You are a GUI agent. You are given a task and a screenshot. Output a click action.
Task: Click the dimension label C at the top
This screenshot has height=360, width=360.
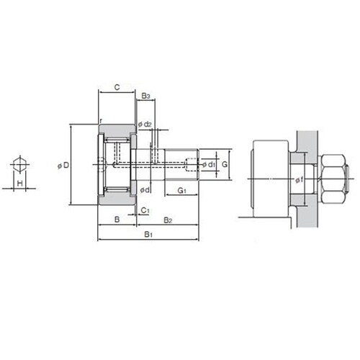coord(117,87)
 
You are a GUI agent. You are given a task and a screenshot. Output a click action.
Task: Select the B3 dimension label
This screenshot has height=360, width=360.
coord(145,96)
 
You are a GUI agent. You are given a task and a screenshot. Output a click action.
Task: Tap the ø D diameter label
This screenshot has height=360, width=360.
coord(63,166)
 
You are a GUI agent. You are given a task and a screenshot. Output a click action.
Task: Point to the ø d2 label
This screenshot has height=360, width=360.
coord(145,125)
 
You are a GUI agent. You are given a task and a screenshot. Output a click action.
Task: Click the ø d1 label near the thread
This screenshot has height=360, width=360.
coord(209,165)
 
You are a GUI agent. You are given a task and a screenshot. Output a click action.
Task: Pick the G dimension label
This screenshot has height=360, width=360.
coord(225,164)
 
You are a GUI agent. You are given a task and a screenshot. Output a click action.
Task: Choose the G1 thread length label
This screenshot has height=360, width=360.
coord(182,191)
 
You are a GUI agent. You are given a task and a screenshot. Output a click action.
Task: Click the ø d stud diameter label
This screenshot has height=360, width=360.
coord(145,190)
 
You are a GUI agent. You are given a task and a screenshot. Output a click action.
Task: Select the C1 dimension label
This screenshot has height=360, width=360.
coord(145,210)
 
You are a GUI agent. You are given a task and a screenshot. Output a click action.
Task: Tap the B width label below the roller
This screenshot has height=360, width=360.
coord(117,220)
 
